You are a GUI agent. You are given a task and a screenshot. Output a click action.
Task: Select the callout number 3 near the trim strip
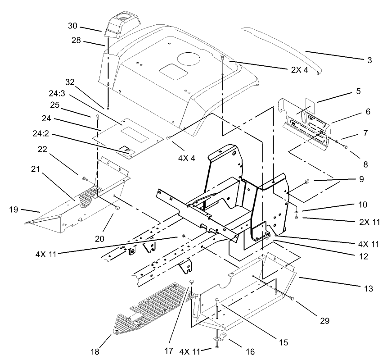tap(369, 59)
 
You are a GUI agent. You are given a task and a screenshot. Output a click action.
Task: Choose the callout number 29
tap(324, 321)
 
